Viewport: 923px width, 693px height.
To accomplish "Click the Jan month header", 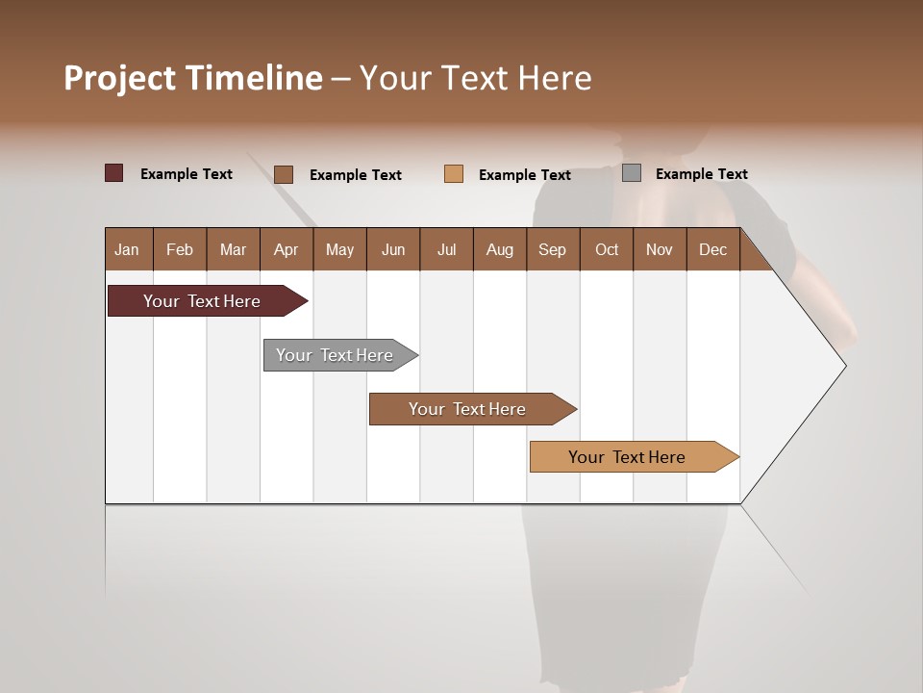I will click(x=128, y=249).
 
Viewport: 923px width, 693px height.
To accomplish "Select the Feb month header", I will click(x=180, y=249).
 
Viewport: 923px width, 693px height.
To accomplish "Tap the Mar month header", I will click(x=233, y=249).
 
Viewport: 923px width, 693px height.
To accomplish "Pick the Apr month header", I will click(x=287, y=249).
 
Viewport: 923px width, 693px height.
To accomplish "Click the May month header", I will click(x=339, y=249).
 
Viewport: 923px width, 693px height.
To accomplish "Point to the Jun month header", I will click(x=393, y=249).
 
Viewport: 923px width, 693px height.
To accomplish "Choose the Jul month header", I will click(x=446, y=249).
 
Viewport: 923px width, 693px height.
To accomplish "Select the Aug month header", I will click(x=500, y=249).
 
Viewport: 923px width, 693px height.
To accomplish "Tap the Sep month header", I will click(x=553, y=249).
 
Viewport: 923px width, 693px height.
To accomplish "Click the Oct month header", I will click(x=607, y=249).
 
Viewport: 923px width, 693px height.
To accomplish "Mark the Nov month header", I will click(x=660, y=249).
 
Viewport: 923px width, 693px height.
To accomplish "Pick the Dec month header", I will click(x=713, y=249).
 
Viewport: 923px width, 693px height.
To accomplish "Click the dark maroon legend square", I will click(x=114, y=173).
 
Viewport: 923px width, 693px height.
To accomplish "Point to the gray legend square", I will click(x=632, y=173).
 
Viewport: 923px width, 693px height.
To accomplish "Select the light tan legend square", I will click(x=454, y=174).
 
